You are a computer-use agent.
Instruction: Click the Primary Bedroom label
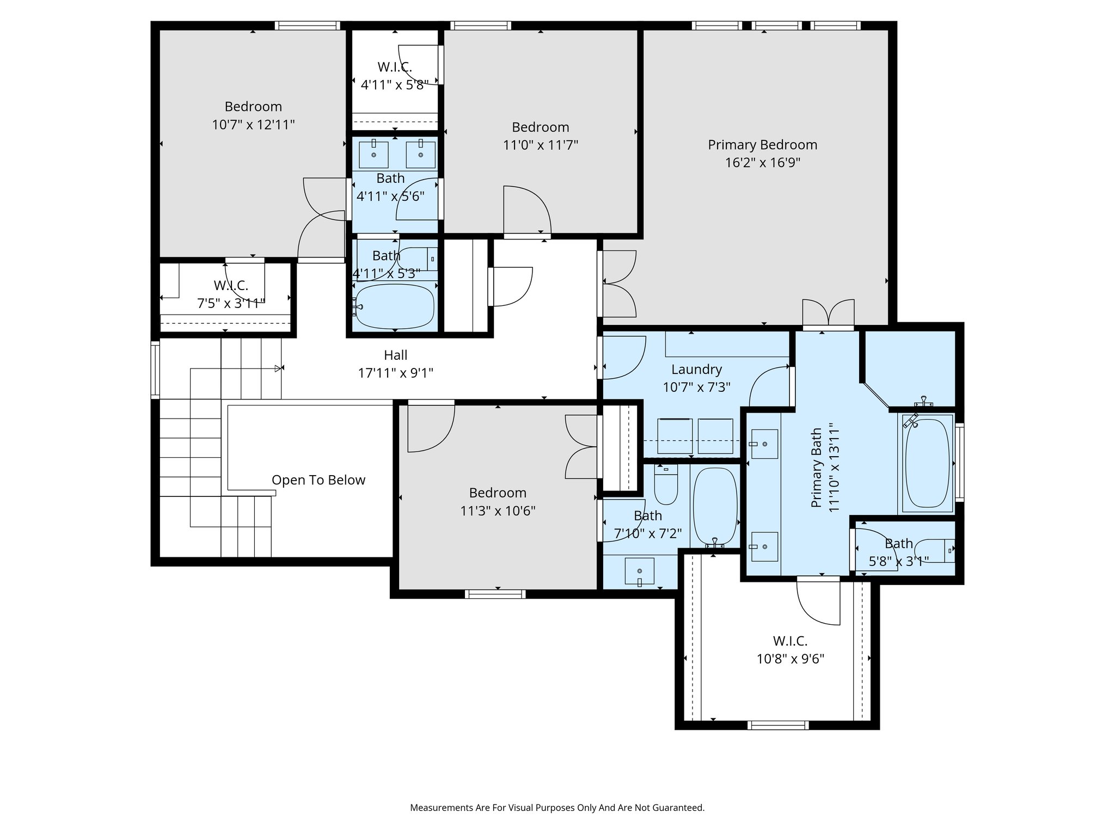(x=762, y=145)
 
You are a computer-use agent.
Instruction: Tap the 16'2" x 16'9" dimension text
(x=762, y=163)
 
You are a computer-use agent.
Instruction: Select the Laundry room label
(x=696, y=370)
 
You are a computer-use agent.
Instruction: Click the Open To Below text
(x=318, y=480)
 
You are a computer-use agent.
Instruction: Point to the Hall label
(x=396, y=355)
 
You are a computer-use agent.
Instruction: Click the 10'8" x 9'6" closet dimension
(x=791, y=659)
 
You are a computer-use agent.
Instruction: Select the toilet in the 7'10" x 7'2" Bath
(x=665, y=484)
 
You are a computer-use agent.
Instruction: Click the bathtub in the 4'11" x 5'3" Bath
(x=395, y=306)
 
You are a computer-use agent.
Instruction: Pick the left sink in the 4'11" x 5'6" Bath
(x=374, y=155)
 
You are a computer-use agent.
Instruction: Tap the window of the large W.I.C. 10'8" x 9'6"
(x=777, y=725)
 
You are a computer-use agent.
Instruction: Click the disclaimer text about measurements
(x=557, y=808)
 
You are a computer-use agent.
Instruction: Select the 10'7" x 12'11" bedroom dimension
(x=253, y=125)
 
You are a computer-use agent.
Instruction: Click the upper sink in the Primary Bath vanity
(x=764, y=444)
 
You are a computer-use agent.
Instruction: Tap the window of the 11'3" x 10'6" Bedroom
(x=495, y=594)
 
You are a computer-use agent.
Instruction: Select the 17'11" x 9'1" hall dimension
(x=396, y=373)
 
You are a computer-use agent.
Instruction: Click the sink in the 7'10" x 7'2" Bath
(x=640, y=571)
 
